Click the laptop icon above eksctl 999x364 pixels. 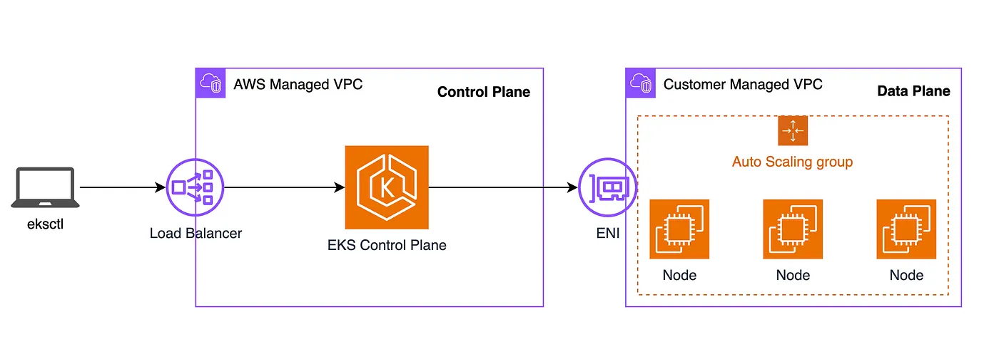45,187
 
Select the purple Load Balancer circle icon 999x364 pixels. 195,188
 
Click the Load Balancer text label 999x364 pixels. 196,233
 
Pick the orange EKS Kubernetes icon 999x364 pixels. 387,187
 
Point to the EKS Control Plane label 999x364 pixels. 386,246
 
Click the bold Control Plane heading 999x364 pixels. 483,92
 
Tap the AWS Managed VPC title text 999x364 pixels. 298,85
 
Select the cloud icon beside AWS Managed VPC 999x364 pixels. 211,84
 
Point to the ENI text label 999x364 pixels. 608,234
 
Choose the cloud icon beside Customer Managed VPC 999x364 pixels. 641,84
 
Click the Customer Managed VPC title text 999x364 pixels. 743,85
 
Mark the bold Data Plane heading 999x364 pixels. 913,91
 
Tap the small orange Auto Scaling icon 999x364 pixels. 792,130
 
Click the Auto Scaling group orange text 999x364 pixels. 792,162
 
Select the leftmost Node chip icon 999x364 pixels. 679,229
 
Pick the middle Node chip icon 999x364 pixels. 793,229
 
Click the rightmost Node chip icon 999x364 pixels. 906,229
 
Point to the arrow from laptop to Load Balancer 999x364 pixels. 121,188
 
